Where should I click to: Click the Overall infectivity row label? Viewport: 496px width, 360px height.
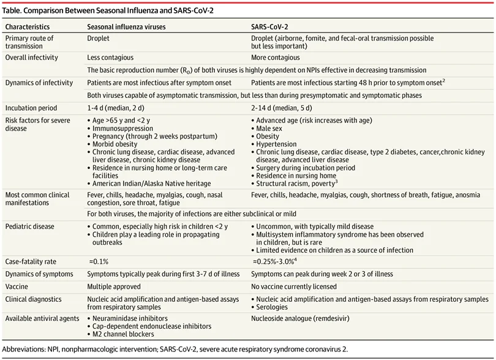(32, 57)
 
